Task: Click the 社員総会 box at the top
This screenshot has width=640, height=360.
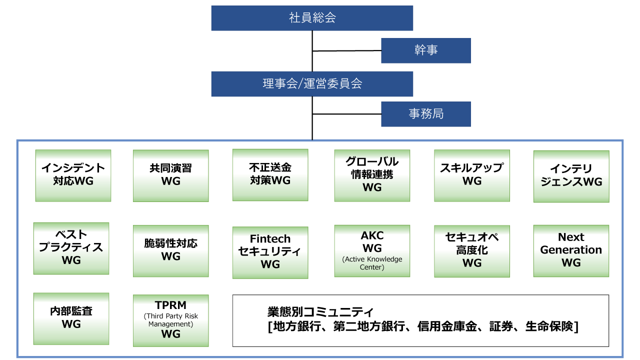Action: click(x=312, y=18)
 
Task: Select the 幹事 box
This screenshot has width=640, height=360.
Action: click(x=425, y=50)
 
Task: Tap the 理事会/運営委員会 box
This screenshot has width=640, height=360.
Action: click(x=312, y=83)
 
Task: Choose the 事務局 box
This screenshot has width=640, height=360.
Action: click(x=425, y=114)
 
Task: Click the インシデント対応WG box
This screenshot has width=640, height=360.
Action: click(x=73, y=175)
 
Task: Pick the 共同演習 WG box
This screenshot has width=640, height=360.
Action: click(x=170, y=175)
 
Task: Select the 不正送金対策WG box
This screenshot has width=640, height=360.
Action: click(x=270, y=174)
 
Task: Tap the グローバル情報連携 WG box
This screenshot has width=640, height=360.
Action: click(x=372, y=174)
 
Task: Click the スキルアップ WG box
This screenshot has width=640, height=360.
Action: click(x=471, y=175)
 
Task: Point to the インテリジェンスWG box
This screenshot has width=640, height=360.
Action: click(x=571, y=176)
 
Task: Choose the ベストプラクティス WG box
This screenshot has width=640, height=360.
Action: click(x=71, y=248)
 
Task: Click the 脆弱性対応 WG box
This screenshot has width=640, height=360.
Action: click(x=170, y=250)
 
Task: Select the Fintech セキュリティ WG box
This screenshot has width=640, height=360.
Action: click(x=270, y=252)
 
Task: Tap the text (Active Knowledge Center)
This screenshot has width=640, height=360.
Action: click(x=372, y=263)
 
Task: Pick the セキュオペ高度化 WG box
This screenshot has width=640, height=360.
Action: click(x=471, y=250)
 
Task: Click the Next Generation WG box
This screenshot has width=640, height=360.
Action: click(x=571, y=250)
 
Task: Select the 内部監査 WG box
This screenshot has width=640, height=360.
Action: click(x=71, y=318)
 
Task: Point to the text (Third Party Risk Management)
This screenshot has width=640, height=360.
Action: click(x=170, y=320)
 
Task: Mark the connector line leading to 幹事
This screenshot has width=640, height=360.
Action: click(x=346, y=51)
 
